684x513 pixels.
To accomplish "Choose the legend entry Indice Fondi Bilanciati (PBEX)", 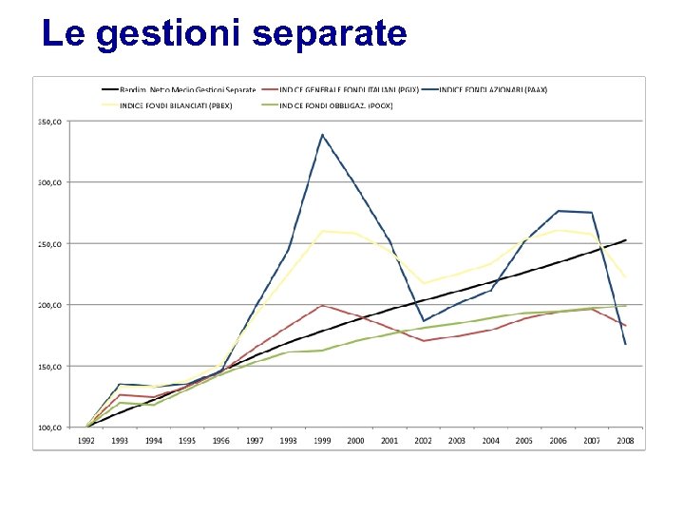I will pyautogui.click(x=176, y=105).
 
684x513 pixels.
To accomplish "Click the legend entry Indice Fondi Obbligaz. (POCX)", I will pyautogui.click(x=336, y=105).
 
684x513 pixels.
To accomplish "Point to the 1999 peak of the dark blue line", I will pyautogui.click(x=322, y=134).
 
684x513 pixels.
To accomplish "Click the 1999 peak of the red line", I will pyautogui.click(x=322, y=305).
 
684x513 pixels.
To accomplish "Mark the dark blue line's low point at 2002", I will pyautogui.click(x=423, y=321).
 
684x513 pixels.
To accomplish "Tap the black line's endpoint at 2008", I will pyautogui.click(x=626, y=239).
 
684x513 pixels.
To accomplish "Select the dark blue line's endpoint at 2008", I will pyautogui.click(x=626, y=344).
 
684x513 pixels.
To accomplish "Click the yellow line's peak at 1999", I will pyautogui.click(x=322, y=231).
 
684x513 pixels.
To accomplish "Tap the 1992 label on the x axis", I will pyautogui.click(x=86, y=441).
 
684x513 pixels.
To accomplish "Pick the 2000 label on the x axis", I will pyautogui.click(x=355, y=441).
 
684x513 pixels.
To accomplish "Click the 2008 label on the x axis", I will pyautogui.click(x=625, y=441).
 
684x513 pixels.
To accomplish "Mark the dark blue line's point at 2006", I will pyautogui.click(x=559, y=211).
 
